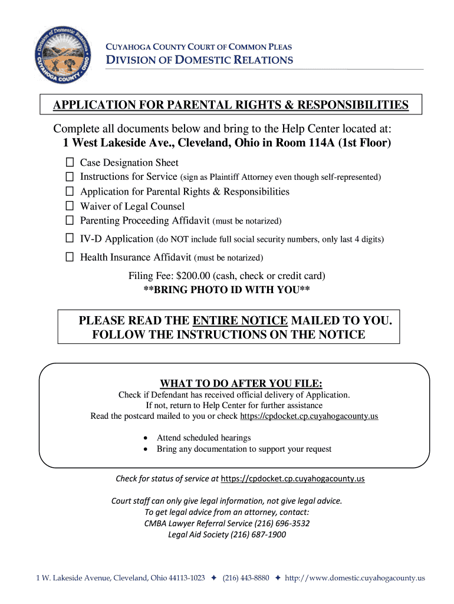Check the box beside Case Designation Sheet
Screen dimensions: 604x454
point(70,162)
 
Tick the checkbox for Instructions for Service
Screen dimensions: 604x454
point(70,176)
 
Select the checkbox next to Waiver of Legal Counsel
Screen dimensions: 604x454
point(70,206)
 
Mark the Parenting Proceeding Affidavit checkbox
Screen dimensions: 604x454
point(70,221)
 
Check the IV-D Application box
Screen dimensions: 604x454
point(70,239)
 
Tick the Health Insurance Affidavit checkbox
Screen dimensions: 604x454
point(70,257)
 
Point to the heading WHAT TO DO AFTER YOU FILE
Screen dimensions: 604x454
point(234,383)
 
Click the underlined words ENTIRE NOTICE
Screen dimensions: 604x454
point(240,320)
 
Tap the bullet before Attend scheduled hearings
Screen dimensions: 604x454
point(146,438)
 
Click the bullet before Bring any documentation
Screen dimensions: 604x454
point(146,449)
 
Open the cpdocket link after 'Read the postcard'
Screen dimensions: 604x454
point(309,416)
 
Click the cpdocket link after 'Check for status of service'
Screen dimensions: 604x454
point(292,478)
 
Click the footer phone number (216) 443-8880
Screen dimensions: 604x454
point(246,579)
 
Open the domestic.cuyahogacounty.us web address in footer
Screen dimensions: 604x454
point(354,579)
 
